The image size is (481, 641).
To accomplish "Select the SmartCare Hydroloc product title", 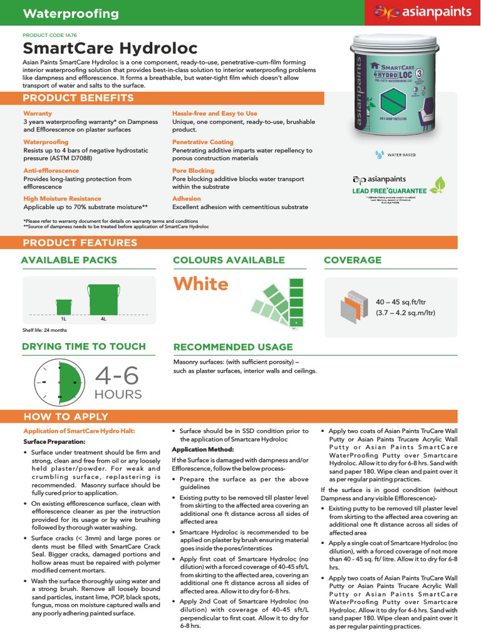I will [110, 48].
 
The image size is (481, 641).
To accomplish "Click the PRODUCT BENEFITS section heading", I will [78, 98].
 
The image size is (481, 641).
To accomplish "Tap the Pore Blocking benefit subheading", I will [193, 170].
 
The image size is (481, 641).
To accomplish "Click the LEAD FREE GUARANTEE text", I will [389, 190].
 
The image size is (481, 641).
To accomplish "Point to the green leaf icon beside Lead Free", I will [441, 185].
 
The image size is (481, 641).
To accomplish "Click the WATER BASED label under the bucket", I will [401, 154].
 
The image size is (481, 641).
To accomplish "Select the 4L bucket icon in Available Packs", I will [103, 299].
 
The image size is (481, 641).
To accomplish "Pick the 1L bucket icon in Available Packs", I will [64, 306].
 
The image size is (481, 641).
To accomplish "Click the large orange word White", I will [200, 284].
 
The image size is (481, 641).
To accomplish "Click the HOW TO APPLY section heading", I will [66, 416].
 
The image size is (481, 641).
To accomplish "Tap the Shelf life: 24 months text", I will [44, 330].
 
